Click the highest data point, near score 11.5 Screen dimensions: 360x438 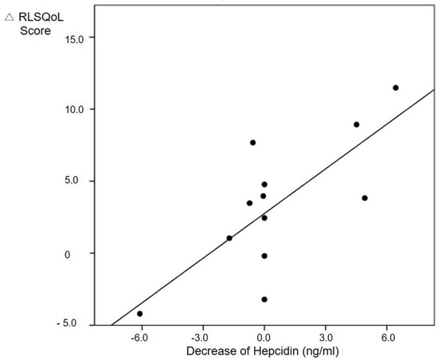(x=396, y=88)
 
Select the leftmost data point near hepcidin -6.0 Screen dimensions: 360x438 (x=140, y=314)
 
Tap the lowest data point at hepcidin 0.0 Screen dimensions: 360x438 (x=264, y=299)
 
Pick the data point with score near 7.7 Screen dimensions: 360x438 (x=253, y=143)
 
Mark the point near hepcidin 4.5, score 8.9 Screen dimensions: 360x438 (x=357, y=124)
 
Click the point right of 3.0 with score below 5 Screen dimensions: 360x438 (x=365, y=198)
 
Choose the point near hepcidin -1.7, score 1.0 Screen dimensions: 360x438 (x=229, y=238)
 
